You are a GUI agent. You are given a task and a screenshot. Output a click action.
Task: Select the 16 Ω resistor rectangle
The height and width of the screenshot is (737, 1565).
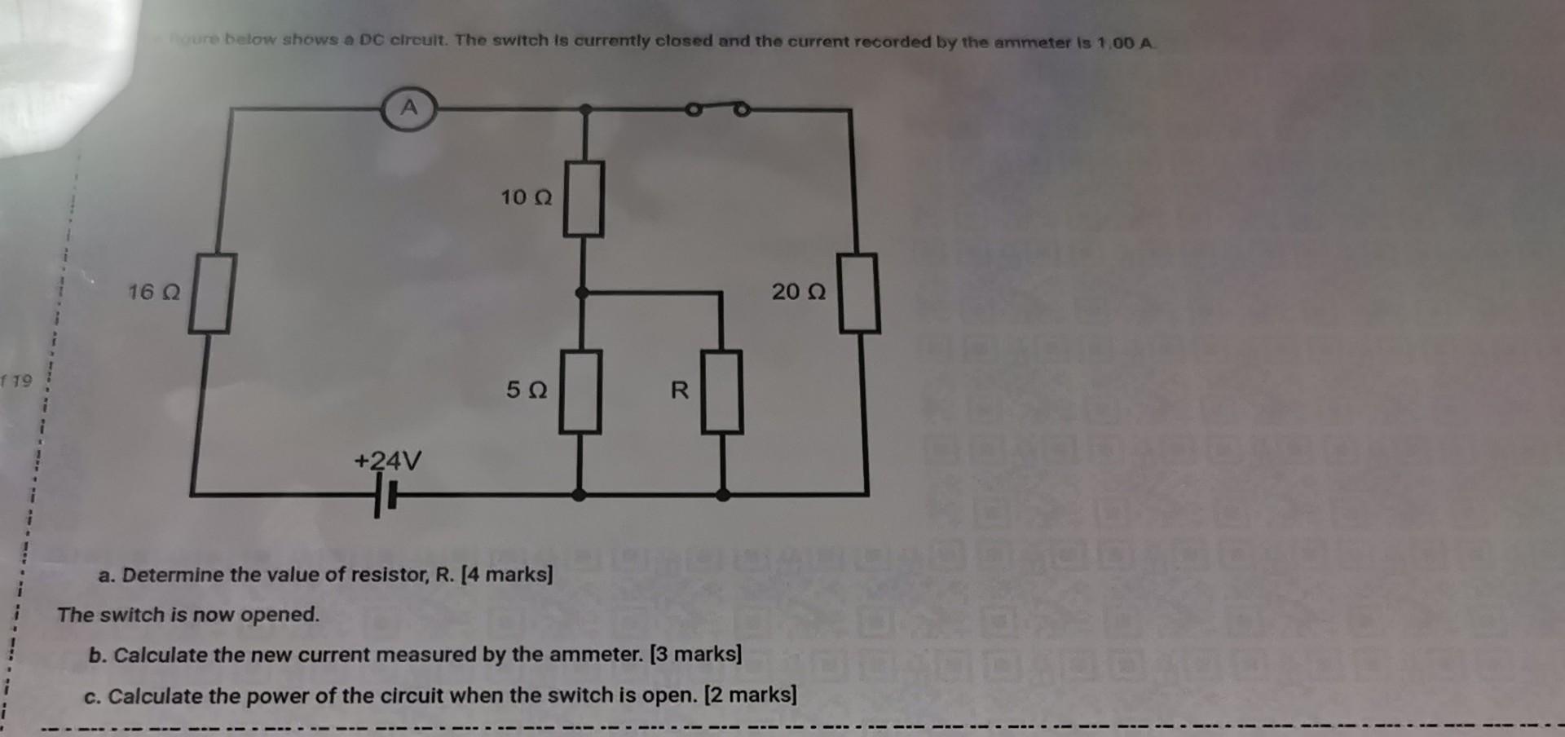(212, 293)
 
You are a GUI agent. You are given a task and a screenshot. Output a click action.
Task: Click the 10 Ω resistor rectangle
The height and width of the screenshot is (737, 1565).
(584, 199)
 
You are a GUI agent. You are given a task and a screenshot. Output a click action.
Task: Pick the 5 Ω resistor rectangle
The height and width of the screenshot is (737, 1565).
(580, 391)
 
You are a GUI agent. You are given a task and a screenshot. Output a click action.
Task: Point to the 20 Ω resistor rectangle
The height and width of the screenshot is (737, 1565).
(859, 293)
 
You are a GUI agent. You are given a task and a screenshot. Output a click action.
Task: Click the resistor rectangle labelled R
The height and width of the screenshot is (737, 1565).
(722, 391)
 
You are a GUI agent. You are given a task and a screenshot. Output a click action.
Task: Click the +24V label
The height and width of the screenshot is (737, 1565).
(388, 461)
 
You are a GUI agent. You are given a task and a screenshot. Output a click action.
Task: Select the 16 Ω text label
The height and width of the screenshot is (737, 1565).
(153, 292)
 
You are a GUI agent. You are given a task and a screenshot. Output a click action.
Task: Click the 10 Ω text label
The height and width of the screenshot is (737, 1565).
(526, 197)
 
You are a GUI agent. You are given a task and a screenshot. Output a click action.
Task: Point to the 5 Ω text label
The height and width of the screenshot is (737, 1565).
(526, 390)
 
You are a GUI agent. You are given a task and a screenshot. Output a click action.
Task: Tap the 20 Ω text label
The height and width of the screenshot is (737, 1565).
(799, 292)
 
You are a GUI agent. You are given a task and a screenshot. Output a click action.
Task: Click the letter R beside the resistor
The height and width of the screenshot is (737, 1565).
(680, 391)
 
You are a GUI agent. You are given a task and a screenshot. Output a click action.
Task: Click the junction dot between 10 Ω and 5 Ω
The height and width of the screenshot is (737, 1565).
(581, 292)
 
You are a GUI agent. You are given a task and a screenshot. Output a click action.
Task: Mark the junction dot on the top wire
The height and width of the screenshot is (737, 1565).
(585, 108)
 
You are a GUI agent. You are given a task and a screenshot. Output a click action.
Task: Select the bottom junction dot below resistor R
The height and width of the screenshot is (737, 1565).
(722, 494)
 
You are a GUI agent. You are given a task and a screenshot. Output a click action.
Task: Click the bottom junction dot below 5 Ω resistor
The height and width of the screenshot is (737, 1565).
(579, 494)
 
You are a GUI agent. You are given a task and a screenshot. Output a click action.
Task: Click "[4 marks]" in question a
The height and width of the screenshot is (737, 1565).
(507, 575)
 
